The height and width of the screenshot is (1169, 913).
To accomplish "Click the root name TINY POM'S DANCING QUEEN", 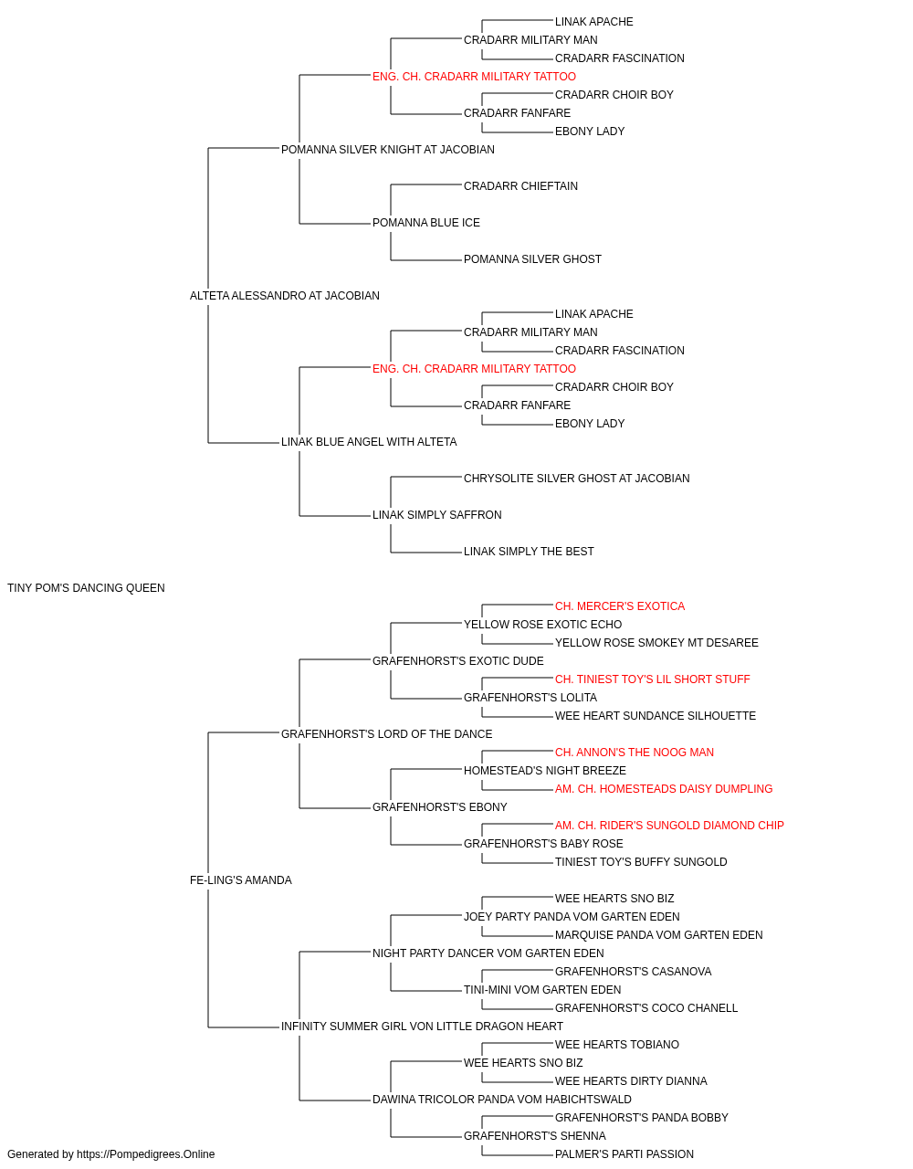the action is tap(86, 588).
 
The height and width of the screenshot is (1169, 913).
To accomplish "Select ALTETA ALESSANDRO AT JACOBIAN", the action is tap(285, 296).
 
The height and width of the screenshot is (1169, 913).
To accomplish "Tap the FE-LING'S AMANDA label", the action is tap(241, 880).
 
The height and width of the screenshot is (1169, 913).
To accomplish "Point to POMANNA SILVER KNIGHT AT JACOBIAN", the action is tap(388, 150).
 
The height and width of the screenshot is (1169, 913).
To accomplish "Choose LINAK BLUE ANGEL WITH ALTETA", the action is tap(369, 442).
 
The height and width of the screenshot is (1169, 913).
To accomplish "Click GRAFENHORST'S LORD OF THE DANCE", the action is tap(386, 733).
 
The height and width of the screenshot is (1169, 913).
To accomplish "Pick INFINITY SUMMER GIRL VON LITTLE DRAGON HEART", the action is tap(422, 1026).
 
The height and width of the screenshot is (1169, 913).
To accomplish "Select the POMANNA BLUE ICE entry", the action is tap(426, 223).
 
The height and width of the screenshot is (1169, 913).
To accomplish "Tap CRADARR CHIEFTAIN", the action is tap(520, 186).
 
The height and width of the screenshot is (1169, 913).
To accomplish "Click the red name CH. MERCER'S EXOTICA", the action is tap(620, 606).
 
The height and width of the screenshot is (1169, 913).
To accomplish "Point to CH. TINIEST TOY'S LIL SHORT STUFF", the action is tap(652, 679).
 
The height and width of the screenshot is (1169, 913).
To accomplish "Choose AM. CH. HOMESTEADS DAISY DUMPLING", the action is tap(664, 789).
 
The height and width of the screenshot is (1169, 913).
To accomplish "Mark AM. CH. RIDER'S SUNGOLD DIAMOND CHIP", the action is tap(669, 826).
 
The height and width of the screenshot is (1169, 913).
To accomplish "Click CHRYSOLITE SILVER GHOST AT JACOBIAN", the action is tap(576, 479).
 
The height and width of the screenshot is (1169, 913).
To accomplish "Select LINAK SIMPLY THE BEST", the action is tap(529, 552).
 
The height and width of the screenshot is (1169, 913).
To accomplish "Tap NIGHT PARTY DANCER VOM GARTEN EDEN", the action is tap(488, 953).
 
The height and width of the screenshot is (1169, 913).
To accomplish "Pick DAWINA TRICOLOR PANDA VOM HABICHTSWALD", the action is tap(502, 1099).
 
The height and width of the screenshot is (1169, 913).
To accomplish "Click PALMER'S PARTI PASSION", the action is tap(624, 1154).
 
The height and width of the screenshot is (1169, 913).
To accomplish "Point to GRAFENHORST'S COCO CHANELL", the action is tap(646, 1007).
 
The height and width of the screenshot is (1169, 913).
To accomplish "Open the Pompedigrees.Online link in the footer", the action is tap(146, 1154).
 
